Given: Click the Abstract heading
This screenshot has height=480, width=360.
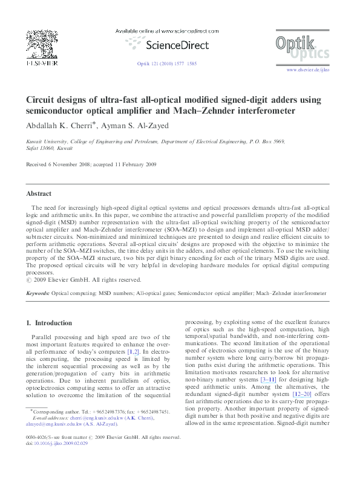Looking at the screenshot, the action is pyautogui.click(x=39, y=194).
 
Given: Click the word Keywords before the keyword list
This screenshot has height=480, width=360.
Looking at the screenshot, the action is pyautogui.click(x=38, y=293).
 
